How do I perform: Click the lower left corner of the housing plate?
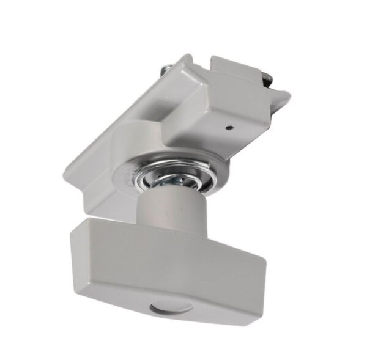69,177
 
